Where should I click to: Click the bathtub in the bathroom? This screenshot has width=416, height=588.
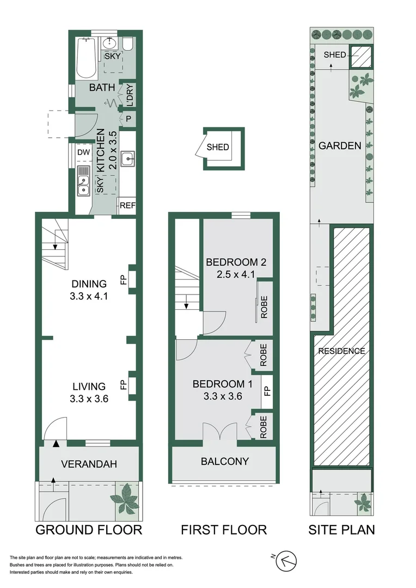[86, 59]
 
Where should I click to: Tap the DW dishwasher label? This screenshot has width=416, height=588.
[83, 152]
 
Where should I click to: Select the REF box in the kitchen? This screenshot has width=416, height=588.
[127, 205]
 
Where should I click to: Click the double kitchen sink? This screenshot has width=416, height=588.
[83, 185]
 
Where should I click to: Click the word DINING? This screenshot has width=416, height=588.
[89, 284]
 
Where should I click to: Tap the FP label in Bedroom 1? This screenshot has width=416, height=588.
[267, 391]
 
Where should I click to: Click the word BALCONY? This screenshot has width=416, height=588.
[225, 462]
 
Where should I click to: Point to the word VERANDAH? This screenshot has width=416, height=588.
[89, 464]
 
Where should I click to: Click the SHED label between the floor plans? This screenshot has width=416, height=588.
[218, 148]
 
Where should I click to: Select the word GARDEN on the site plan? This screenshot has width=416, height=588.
[340, 146]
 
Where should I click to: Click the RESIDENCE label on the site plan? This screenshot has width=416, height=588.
[341, 351]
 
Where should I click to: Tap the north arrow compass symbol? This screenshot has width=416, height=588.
[288, 560]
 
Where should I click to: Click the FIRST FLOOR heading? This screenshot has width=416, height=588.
[224, 529]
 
